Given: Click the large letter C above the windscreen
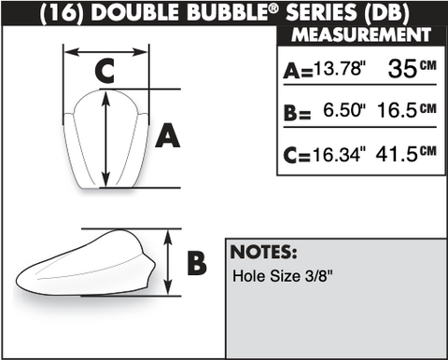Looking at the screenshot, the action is pyautogui.click(x=105, y=71).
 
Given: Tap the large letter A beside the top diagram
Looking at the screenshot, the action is pyautogui.click(x=167, y=135).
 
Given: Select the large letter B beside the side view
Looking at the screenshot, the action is pyautogui.click(x=197, y=263).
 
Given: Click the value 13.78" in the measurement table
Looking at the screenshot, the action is pyautogui.click(x=339, y=68).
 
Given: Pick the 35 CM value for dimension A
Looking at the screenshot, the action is pyautogui.click(x=412, y=68).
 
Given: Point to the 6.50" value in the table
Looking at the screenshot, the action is pyautogui.click(x=344, y=110).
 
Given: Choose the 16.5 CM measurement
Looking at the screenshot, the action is pyautogui.click(x=407, y=110).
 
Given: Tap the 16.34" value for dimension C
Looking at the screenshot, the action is pyautogui.click(x=339, y=154).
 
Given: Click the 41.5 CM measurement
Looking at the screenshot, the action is pyautogui.click(x=406, y=153).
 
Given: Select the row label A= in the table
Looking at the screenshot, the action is pyautogui.click(x=298, y=71).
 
